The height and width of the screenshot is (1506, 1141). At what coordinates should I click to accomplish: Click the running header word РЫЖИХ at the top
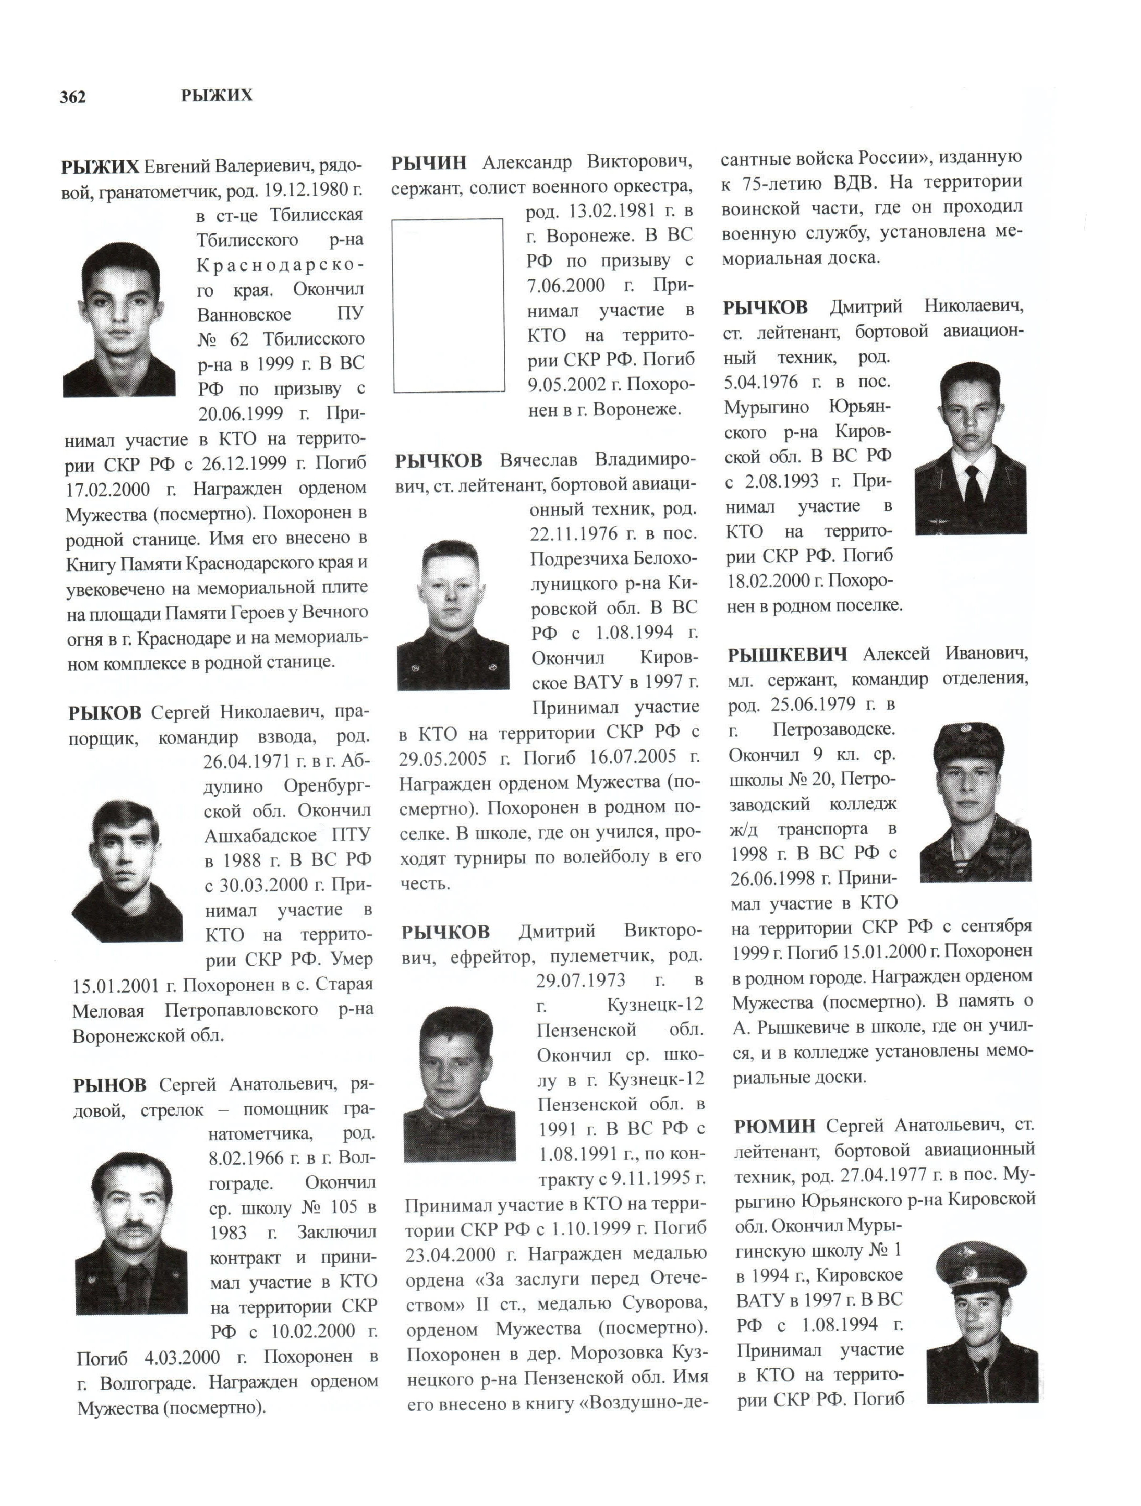click(216, 95)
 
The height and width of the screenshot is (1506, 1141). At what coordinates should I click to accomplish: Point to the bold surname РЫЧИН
click(429, 163)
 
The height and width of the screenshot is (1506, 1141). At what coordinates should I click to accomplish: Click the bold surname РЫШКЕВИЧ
click(787, 655)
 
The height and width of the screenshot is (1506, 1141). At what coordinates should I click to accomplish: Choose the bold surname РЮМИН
click(774, 1126)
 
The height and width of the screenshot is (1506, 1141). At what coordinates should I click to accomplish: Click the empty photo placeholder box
click(448, 305)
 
